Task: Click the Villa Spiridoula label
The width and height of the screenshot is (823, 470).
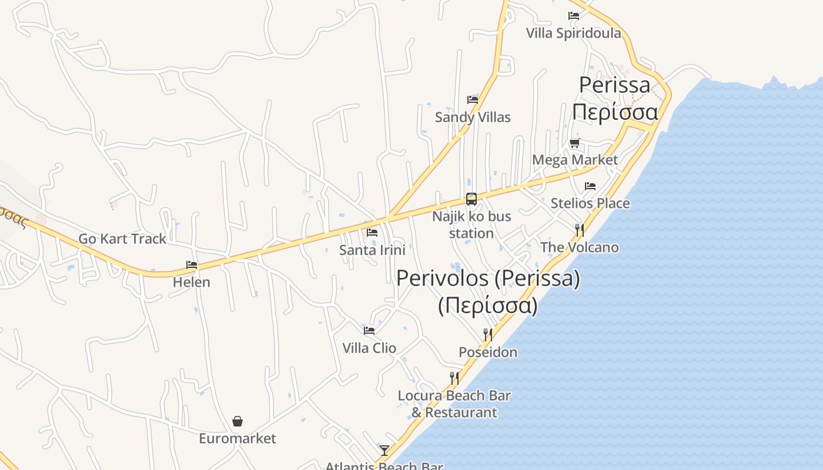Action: coord(573,33)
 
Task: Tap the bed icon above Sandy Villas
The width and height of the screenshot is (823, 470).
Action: coord(472,99)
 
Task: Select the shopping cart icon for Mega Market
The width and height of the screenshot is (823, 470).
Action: coord(574,143)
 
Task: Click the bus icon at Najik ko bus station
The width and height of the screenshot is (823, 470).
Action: coord(471,199)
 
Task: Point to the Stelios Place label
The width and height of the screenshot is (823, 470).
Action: coord(590,203)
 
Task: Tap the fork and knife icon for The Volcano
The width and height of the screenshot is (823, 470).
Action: coord(580,230)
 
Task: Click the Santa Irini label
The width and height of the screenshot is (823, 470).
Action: coord(372,250)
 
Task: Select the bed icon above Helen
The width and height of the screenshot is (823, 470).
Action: coord(192,265)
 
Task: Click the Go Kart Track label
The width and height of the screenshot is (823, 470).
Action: coord(122,239)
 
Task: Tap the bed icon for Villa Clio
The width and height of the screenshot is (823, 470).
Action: coord(369,331)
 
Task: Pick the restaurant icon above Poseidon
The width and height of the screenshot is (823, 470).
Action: coord(487,335)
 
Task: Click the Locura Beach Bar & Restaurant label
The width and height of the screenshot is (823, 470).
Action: coord(454,404)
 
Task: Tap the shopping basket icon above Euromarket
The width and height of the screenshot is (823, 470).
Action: coord(237,421)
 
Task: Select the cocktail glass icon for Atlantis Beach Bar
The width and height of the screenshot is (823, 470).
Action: coord(384,451)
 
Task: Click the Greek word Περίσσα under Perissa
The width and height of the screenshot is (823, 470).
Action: coord(615,112)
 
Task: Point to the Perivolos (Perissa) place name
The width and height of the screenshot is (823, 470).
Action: coord(488,278)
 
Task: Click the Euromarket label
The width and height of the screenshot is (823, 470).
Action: coord(237,438)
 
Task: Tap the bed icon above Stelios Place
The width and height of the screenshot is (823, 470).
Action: coord(590,186)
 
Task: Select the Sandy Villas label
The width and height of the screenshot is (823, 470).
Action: coord(473,117)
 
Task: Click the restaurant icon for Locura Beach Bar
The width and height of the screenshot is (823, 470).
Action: coord(454,378)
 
